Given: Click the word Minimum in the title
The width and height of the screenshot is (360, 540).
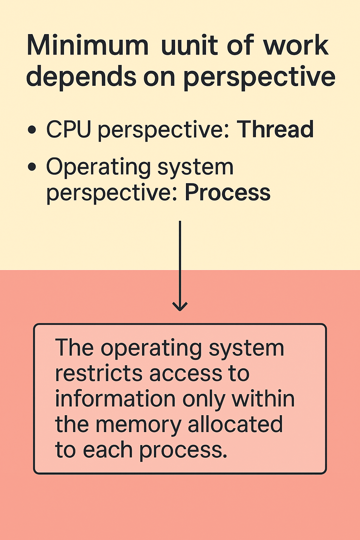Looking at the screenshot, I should pos(88,46).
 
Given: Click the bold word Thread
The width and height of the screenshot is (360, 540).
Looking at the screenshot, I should pos(275,129).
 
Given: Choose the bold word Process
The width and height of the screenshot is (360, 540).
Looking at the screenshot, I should pos(228,192).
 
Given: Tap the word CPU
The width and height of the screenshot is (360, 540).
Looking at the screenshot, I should pos(69,129).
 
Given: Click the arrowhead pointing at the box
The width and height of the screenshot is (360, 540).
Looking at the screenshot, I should pos(180,307).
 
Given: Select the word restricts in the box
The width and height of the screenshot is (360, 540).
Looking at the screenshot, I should pos(99,373).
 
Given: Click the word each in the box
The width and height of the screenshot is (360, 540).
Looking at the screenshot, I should pos(108,450).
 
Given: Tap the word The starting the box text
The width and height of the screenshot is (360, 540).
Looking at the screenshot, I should pos(74,348).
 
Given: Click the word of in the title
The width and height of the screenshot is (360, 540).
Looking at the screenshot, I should pos(240,46).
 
